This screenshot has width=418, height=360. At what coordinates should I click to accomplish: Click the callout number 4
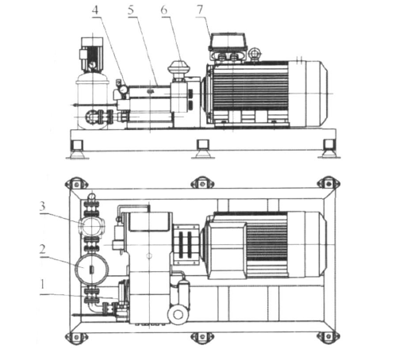[x=95, y=10]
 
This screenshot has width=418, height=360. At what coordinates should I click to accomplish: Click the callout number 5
[x=131, y=10]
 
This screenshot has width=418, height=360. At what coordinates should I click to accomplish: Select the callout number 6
[x=164, y=10]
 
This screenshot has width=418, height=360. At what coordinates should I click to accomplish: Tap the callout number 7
[x=200, y=10]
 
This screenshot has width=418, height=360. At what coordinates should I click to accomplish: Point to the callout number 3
[x=42, y=206]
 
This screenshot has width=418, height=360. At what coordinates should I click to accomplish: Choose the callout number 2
[x=42, y=250]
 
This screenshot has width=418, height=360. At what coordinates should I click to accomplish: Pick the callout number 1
[x=43, y=285]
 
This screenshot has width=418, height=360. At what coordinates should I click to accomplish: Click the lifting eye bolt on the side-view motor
[x=253, y=54]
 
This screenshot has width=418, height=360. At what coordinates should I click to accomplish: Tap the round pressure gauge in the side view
[x=123, y=90]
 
